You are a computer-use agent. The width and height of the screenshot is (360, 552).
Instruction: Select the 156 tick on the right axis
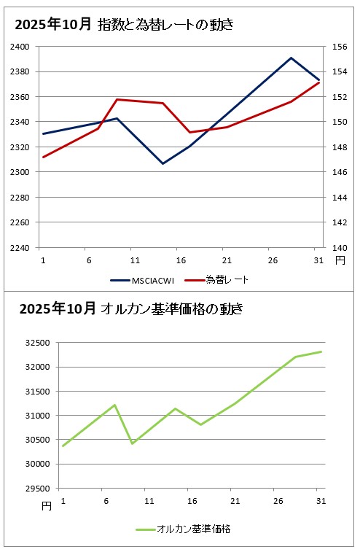[339, 47]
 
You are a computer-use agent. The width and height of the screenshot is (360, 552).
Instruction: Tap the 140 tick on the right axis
[339, 248]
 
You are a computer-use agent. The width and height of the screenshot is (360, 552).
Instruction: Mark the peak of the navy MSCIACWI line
[291, 58]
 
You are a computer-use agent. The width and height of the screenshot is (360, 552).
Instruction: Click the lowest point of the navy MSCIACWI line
[163, 163]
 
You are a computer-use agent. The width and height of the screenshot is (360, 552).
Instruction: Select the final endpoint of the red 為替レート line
[318, 82]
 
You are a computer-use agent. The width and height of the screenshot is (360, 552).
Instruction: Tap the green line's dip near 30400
[132, 443]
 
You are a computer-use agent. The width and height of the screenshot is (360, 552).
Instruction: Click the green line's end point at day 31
[321, 351]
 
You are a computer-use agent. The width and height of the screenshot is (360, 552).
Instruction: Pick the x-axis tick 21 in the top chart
[226, 260]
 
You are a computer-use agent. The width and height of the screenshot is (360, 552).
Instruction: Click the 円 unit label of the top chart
[340, 260]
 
